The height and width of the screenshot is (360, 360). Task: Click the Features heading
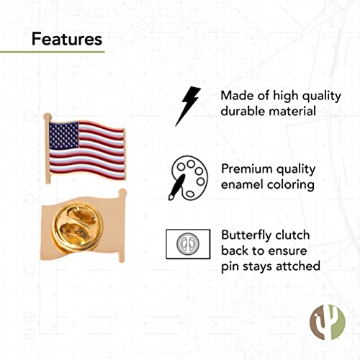coord(67,38)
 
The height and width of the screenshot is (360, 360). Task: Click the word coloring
coord(291,185)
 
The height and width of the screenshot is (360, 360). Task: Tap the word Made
coord(237,96)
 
